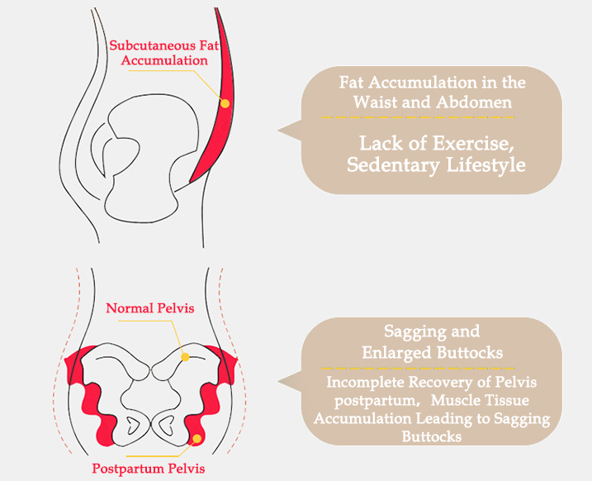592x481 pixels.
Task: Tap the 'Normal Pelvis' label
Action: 150,309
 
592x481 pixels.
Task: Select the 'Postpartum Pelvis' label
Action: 159,468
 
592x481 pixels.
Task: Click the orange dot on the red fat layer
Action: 225,102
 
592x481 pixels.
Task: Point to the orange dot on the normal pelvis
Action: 186,357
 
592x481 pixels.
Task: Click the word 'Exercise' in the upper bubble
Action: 467,142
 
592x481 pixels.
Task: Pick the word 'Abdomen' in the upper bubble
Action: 481,102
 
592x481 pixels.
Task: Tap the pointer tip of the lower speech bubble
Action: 279,382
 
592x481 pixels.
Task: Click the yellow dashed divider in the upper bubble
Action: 433,119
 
